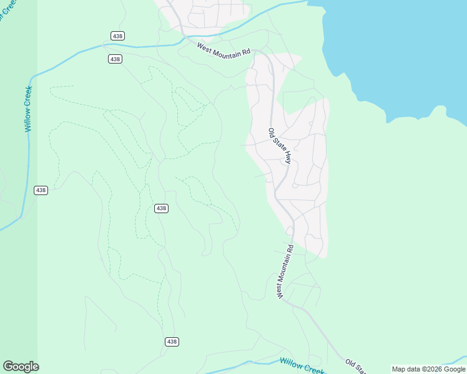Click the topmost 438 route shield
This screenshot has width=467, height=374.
(118, 36)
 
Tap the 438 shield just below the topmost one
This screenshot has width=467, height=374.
(115, 59)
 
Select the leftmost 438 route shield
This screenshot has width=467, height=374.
(41, 189)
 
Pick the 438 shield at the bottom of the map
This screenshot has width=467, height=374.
(172, 342)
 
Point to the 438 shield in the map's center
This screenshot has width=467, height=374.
(161, 208)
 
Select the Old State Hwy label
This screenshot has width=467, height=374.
(280, 146)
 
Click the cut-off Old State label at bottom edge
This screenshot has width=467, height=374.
(356, 367)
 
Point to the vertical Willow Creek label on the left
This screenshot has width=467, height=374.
(28, 108)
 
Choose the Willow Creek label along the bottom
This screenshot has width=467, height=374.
(302, 366)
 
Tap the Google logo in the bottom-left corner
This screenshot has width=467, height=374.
(21, 367)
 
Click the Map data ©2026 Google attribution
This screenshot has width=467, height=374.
(428, 369)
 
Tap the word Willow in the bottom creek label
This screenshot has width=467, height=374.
(291, 363)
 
